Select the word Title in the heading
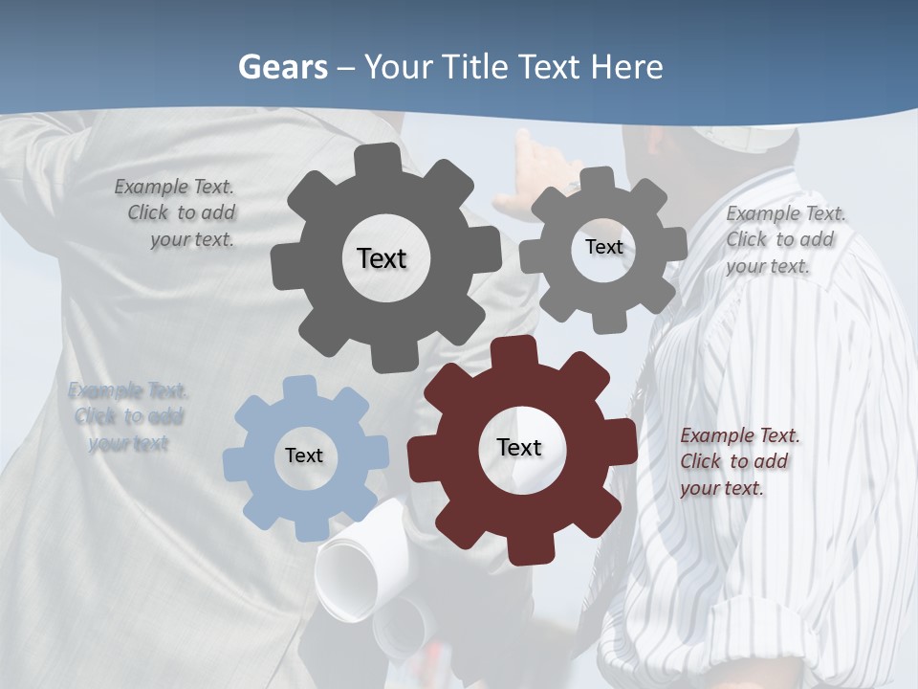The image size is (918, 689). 475,67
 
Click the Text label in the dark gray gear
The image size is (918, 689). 382,258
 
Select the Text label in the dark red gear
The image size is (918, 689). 519,448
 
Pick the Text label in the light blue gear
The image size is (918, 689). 304,456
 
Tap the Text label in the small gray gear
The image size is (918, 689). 603,247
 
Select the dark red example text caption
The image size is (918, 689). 739,461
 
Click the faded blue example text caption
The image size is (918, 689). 128,416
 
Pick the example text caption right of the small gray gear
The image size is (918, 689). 784,239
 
